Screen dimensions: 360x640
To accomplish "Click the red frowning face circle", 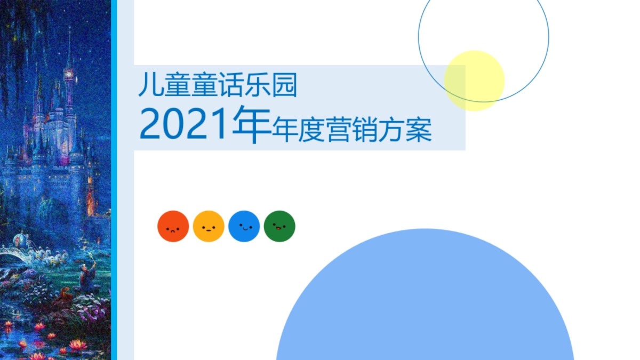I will (x=173, y=226).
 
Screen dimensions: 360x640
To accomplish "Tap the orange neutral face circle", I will (x=209, y=226).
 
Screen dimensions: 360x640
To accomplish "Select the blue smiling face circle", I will (x=244, y=226).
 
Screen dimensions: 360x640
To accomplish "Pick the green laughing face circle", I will (x=279, y=226).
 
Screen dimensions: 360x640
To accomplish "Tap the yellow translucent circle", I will (x=474, y=81).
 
